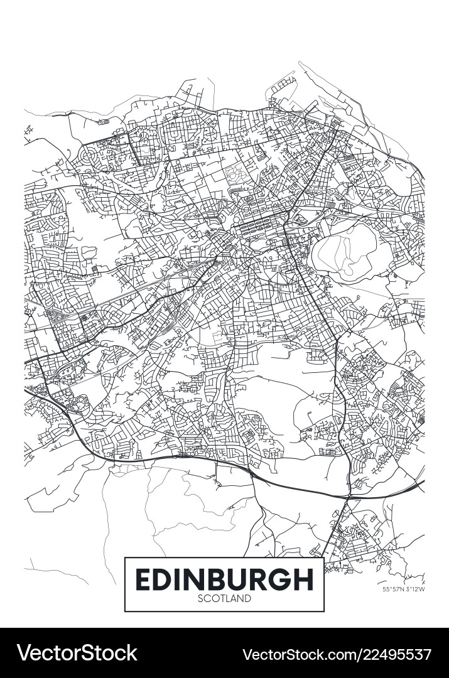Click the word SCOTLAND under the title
coord(224,598)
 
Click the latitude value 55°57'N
coord(393,589)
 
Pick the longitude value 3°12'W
coord(414,589)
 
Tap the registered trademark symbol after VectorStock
coord(139,645)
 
